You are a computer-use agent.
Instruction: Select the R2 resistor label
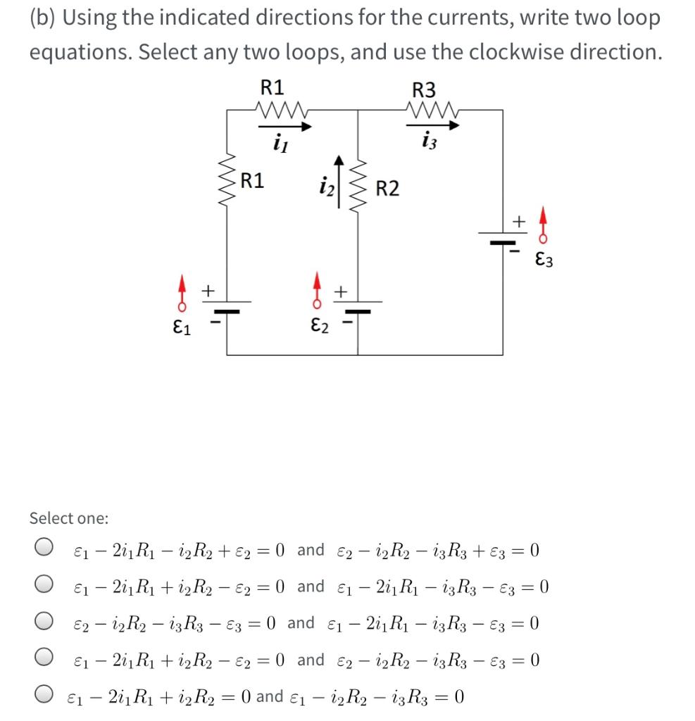pos(387,189)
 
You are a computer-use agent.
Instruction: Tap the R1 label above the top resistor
pos(273,87)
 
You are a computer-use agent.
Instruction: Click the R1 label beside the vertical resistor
pos(252,180)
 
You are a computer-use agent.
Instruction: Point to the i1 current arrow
pos(285,127)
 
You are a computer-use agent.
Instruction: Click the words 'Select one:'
pos(69,518)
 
